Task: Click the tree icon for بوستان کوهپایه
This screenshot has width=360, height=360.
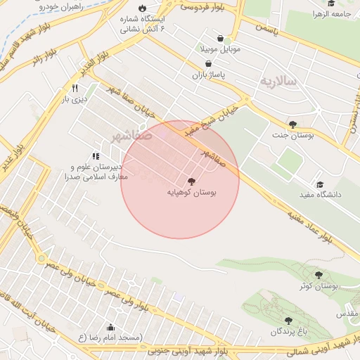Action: (193, 181)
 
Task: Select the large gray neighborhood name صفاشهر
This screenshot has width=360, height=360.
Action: (131, 135)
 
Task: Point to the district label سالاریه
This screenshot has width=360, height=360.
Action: (279, 82)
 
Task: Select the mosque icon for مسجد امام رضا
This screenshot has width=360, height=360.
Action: (111, 327)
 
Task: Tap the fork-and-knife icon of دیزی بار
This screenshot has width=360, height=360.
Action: (75, 89)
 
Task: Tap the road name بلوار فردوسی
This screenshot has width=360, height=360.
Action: (204, 7)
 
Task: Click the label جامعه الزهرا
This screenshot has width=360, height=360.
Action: (336, 13)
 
